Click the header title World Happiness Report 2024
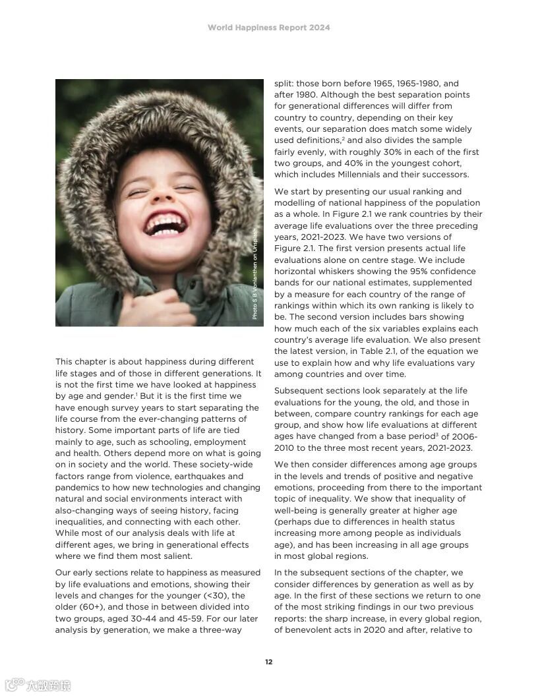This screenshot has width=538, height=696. (x=268, y=28)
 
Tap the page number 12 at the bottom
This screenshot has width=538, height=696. (x=268, y=662)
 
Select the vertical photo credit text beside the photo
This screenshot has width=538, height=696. (x=256, y=274)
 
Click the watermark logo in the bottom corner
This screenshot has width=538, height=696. (x=38, y=685)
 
